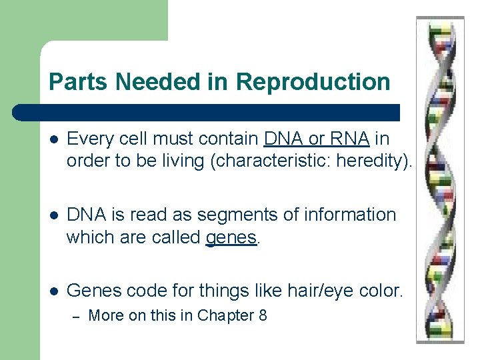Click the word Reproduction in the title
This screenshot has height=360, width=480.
click(x=313, y=82)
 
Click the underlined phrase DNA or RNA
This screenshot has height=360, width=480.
click(x=317, y=139)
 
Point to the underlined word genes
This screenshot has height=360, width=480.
click(x=231, y=237)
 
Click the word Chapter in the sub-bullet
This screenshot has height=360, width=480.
click(x=225, y=315)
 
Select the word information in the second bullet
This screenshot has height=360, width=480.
click(x=352, y=215)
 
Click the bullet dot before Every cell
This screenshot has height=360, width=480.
click(x=54, y=139)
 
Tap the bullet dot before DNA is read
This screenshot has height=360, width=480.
click(x=54, y=215)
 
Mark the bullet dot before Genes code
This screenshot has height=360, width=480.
click(x=54, y=291)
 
